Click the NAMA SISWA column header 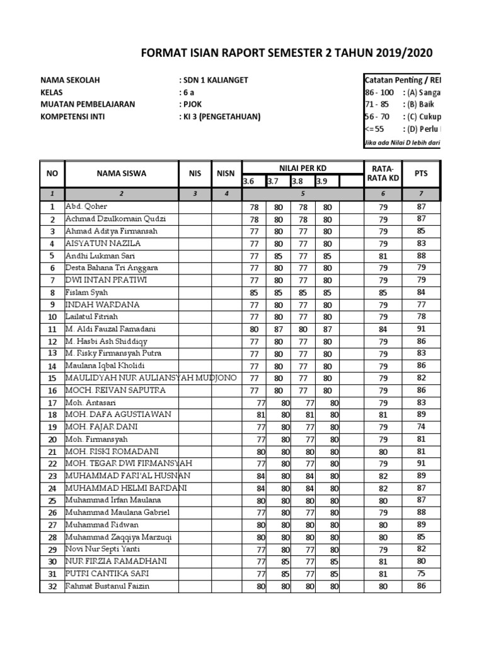point(121,173)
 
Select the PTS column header point(421,173)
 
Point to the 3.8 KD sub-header point(297,182)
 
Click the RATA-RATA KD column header point(383,173)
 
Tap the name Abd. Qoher point(86,206)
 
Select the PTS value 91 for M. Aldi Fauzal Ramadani point(421,329)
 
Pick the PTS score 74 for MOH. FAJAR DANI point(421,426)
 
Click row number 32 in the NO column point(52,586)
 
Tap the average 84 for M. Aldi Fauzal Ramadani point(383,329)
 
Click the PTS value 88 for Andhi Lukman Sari point(421,255)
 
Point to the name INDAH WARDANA point(102,304)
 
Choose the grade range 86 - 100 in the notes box point(379,93)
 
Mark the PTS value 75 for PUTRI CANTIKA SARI point(421,573)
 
